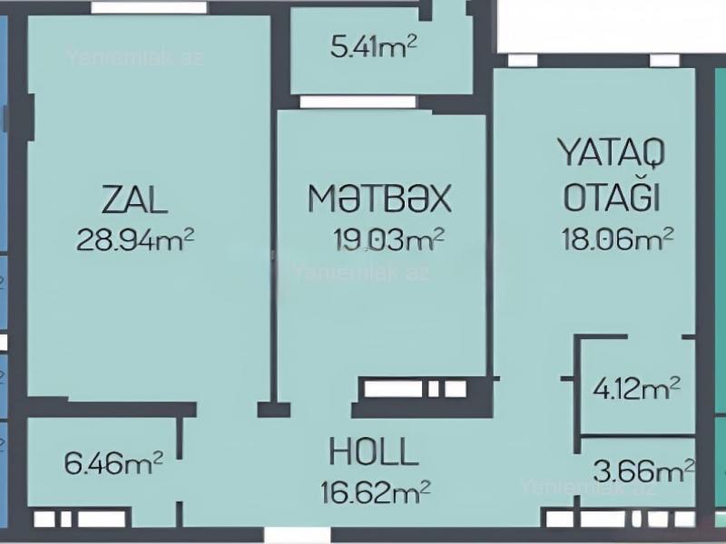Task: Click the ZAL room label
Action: [x=134, y=199]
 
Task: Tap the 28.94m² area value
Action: [x=135, y=239]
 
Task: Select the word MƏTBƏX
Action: [x=379, y=199]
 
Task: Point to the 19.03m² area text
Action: [x=388, y=239]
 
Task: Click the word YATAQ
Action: [x=611, y=152]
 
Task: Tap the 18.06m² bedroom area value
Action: [x=617, y=238]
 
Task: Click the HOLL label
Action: [x=374, y=451]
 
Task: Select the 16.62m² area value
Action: [x=376, y=491]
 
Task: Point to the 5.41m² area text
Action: [x=374, y=47]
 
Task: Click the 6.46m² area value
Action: [x=113, y=463]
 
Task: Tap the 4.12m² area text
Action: [x=637, y=389]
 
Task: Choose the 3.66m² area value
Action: [x=643, y=471]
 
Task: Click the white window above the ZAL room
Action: [x=149, y=7]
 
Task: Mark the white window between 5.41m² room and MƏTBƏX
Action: [x=358, y=102]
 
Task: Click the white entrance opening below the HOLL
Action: [x=298, y=536]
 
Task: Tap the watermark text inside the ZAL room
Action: [x=135, y=57]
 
